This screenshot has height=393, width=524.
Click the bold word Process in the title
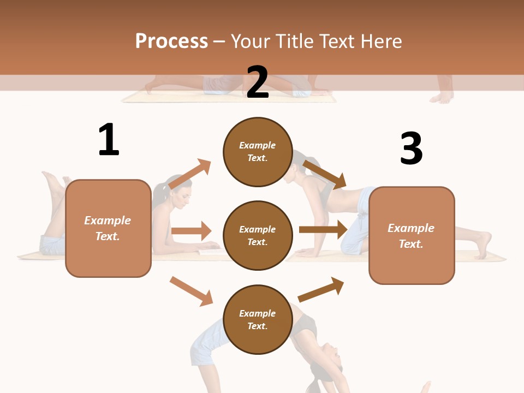pyautogui.click(x=171, y=41)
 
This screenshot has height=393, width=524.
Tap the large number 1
pyautogui.click(x=109, y=140)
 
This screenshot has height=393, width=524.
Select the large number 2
pyautogui.click(x=258, y=82)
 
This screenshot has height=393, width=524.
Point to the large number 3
pyautogui.click(x=411, y=149)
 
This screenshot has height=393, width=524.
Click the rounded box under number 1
pyautogui.click(x=108, y=228)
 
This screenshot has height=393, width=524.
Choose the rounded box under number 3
pyautogui.click(x=412, y=236)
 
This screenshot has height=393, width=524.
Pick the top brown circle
pyautogui.click(x=258, y=152)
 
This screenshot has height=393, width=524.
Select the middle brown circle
pyautogui.click(x=258, y=236)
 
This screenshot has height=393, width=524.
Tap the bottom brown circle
pyautogui.click(x=258, y=320)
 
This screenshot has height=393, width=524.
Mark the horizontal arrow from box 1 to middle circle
pyautogui.click(x=191, y=231)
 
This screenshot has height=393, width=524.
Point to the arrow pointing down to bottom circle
pyautogui.click(x=191, y=291)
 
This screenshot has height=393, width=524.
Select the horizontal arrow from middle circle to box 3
pyautogui.click(x=323, y=229)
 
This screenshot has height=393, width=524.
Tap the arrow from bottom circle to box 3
pyautogui.click(x=321, y=289)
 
